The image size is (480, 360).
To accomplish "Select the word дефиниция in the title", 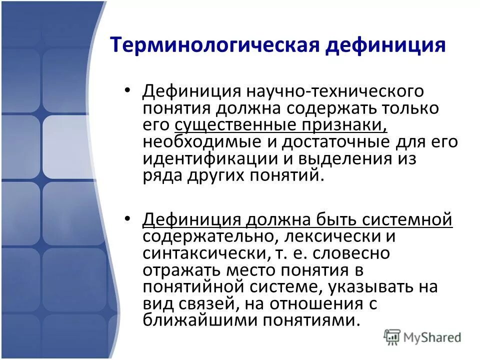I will pos(386,45).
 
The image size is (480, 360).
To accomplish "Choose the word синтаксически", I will pos(204,253).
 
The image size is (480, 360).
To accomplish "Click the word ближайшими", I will pos(189,320).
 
